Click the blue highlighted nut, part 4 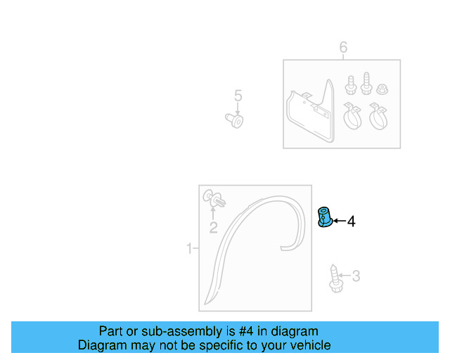click(x=326, y=218)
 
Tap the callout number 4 click(x=351, y=221)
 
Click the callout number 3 click(x=356, y=276)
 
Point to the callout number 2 click(x=213, y=227)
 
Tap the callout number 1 click(x=189, y=248)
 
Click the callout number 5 click(x=238, y=96)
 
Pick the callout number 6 click(x=343, y=48)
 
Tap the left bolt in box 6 click(x=349, y=85)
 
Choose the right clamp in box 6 click(x=378, y=116)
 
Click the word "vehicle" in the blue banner click(x=309, y=345)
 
